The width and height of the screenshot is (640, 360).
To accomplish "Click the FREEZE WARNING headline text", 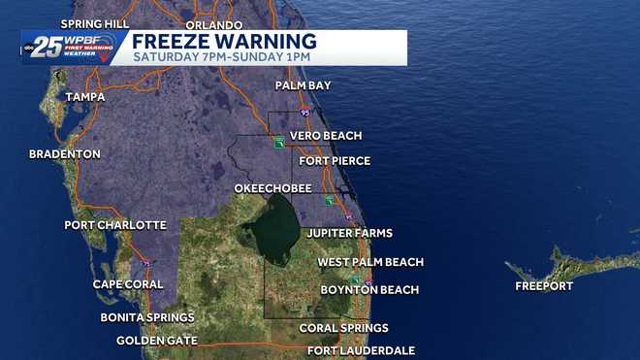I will pos(224,41).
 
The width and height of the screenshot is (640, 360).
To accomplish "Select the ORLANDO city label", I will pos(212,24).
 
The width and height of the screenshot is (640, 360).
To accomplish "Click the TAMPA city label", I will pos(85,97).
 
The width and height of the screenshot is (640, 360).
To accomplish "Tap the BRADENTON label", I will pos(65,154).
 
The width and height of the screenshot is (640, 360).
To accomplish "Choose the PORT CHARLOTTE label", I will pos(115,225).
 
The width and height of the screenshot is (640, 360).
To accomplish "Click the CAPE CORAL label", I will pos(133,284).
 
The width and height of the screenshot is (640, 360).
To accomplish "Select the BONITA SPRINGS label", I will pos(147,317).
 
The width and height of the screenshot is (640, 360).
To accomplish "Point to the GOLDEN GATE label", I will pos(157,341).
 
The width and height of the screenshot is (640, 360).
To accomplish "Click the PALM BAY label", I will pos(303,85).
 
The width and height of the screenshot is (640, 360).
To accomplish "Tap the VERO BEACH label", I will pos(326,136).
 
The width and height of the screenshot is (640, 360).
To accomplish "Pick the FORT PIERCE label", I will pos(335,161).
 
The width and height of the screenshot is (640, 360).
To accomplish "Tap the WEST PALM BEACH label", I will pos(370,262).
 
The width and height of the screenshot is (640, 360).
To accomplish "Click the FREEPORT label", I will pos(544,286).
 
